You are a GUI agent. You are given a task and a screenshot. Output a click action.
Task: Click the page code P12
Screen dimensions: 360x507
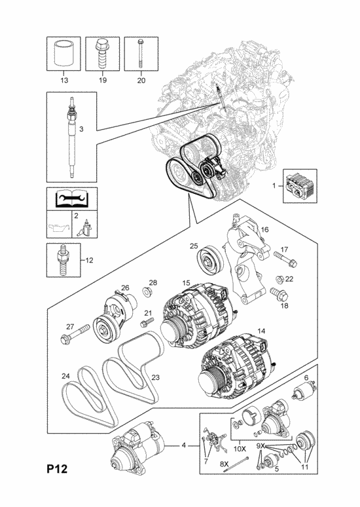[x=57, y=469]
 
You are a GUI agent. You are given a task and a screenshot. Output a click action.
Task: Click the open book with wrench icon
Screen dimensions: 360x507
[x=72, y=199]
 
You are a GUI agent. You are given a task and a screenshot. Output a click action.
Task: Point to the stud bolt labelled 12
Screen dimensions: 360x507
[x=62, y=260]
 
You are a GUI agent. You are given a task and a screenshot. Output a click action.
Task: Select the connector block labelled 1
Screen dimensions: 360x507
[x=300, y=186]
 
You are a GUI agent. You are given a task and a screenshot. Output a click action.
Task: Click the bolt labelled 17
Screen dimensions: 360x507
[x=285, y=259]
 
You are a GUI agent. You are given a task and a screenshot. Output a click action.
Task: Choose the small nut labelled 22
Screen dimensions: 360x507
[x=279, y=279]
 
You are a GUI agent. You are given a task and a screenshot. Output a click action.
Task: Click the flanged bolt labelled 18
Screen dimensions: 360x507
[x=279, y=294]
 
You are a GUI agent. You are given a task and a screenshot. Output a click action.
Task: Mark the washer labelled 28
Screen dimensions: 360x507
[x=148, y=293]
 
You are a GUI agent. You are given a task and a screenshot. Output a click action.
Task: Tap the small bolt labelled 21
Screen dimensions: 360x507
[x=147, y=322]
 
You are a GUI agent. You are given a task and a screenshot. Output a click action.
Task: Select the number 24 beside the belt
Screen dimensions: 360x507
[x=65, y=376]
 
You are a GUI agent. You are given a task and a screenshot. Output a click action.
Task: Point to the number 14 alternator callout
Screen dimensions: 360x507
[x=261, y=331]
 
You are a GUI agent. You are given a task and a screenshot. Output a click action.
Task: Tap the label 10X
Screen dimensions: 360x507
[x=240, y=449]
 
